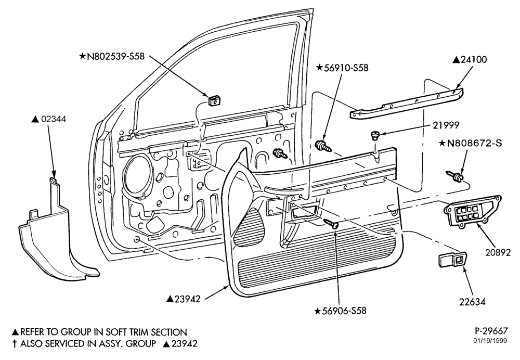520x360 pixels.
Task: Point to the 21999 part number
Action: [446, 125]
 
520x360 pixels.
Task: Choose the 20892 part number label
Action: [498, 252]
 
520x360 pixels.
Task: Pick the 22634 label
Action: [472, 302]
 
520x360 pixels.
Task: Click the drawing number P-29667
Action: [491, 331]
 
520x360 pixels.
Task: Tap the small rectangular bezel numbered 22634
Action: [452, 259]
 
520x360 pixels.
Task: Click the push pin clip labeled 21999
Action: [374, 135]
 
